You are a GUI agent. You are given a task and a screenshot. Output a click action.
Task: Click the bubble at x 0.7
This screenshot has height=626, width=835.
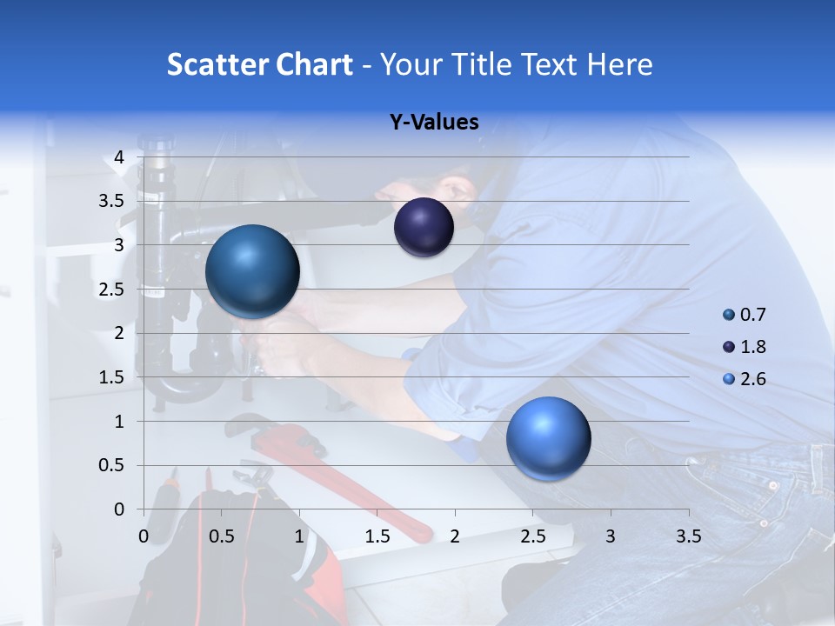252,271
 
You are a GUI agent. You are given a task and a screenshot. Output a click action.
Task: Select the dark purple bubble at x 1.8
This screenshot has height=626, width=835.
424,228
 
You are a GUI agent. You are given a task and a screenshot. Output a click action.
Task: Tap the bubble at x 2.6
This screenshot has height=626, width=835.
548,438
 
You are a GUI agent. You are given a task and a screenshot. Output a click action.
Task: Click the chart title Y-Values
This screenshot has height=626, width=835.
433,123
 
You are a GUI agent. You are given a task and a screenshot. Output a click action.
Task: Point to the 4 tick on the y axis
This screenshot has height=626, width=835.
119,157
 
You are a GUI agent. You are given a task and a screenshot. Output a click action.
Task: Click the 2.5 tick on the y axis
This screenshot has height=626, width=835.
112,290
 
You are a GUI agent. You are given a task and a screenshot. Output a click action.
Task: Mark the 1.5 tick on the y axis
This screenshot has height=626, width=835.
112,377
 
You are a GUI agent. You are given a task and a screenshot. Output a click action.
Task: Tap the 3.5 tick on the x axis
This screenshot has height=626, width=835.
688,536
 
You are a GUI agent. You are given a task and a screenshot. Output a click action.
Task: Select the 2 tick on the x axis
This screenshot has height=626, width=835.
455,536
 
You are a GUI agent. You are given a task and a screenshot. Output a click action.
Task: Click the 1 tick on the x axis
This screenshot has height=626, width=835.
299,536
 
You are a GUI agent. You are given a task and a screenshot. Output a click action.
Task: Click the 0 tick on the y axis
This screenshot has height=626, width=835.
119,509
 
